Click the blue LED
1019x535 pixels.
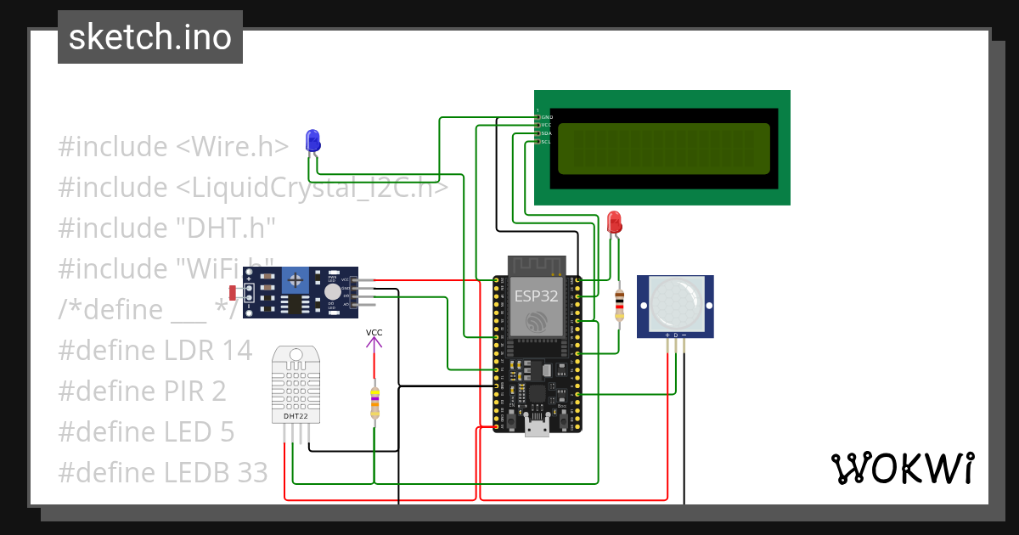coord(312,141)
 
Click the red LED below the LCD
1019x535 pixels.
coord(615,223)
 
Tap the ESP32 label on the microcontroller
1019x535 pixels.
coord(537,296)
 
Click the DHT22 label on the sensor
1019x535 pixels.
coord(290,416)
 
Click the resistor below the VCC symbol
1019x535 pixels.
coord(374,403)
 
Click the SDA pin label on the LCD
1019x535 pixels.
coord(546,133)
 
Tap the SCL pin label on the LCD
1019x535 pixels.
coord(546,142)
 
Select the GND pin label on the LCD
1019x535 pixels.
coord(546,116)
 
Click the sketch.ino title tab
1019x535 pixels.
coord(150,37)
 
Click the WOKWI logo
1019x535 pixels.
coord(902,468)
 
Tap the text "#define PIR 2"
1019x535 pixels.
coord(142,391)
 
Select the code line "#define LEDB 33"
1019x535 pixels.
coord(162,472)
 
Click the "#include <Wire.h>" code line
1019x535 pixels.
coord(173,146)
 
